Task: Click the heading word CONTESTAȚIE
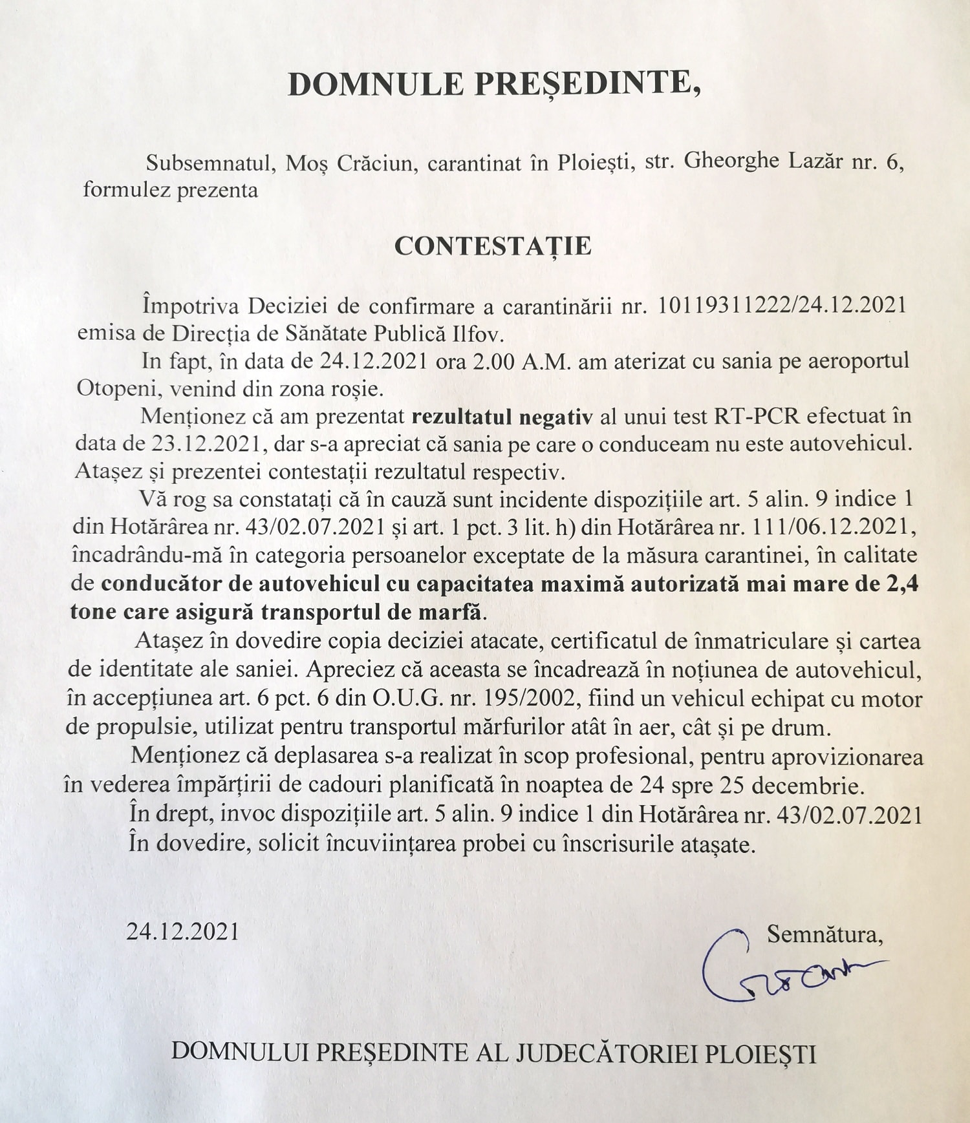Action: coord(493,247)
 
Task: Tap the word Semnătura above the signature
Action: coord(824,934)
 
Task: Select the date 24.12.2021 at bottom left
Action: coord(183,931)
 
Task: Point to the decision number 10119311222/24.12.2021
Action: coord(782,305)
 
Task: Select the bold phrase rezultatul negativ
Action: coord(502,417)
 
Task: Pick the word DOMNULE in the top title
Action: coord(375,85)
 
